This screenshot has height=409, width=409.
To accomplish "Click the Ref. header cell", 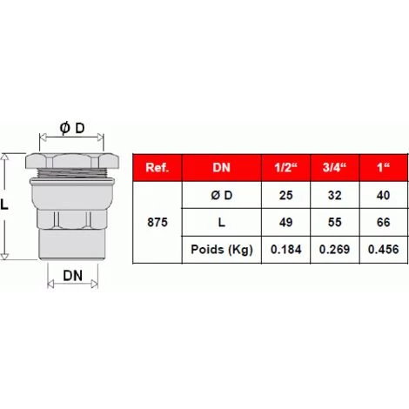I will coord(157,167).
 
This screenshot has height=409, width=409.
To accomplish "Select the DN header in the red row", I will coord(221,167).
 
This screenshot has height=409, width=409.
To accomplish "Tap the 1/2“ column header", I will coord(285,167).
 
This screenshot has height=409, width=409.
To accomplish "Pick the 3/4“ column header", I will coord(333,167).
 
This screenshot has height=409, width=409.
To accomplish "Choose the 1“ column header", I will coord(380,167).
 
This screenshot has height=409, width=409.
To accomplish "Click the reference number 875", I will coord(157,222).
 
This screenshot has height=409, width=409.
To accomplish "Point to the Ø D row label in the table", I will coord(221,195).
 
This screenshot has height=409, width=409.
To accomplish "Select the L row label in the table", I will coord(221,222).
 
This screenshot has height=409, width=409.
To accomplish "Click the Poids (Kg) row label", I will coord(221,250).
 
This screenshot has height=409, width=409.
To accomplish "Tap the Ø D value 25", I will coord(285,195).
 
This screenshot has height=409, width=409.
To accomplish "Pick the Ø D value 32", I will coord(333,195).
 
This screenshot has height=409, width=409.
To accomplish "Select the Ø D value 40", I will coord(380,195).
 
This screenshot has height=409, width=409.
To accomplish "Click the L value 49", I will coord(285,222).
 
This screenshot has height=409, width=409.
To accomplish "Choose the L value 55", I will coord(333,222).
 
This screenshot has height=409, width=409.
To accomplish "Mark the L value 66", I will coord(380,222).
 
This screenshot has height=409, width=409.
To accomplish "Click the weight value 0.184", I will coord(285,250).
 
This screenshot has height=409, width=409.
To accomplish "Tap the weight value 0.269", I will coord(333,250).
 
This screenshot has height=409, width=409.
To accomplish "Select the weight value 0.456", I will coord(380,250).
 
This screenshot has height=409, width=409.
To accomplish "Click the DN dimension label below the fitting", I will coord(72,277).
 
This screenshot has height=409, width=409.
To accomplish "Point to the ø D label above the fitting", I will coord(72,128).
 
